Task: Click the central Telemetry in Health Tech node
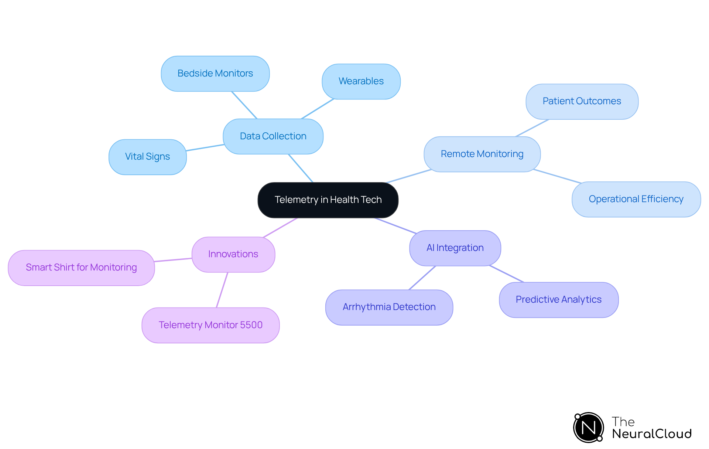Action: [328, 200]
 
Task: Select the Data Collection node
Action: [273, 136]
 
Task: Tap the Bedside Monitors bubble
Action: [215, 74]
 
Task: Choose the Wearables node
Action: [361, 81]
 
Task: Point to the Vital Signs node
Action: [147, 157]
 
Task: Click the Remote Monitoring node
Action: [482, 154]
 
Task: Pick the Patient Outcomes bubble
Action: [582, 101]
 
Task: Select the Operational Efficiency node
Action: [636, 199]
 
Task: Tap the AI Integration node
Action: [455, 248]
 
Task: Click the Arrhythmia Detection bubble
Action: [389, 307]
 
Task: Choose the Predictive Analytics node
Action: [558, 300]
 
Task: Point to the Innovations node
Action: [233, 254]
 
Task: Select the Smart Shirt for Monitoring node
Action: [81, 268]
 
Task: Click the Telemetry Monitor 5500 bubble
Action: [210, 325]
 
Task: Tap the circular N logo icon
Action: [588, 428]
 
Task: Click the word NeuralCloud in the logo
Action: [652, 434]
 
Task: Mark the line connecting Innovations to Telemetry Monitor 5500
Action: [222, 290]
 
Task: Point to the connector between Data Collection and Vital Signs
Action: [205, 147]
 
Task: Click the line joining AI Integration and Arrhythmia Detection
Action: [422, 278]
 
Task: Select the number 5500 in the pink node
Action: [251, 325]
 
